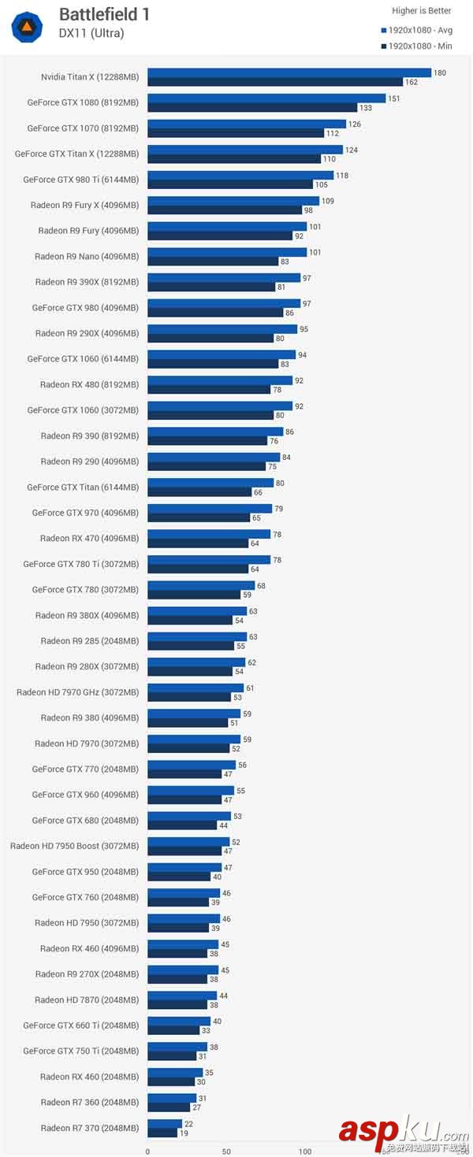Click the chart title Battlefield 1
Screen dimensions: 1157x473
104,14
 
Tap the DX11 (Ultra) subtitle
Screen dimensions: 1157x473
91,33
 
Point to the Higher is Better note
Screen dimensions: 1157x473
422,11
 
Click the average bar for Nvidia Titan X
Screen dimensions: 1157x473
289,72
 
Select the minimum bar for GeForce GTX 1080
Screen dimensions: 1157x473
251,108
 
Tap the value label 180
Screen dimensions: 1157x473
440,73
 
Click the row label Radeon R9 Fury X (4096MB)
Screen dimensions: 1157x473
84,205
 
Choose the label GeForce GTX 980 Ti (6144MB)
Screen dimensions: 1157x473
80,180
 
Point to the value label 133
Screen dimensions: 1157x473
366,108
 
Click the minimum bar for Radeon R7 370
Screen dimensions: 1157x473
162,1133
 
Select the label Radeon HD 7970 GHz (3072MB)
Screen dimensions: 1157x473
77,692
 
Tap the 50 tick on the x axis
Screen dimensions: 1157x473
226,1151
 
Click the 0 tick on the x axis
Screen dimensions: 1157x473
147,1151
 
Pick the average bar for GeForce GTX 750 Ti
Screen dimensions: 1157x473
177,1047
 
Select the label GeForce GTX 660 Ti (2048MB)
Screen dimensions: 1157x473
80,1025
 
